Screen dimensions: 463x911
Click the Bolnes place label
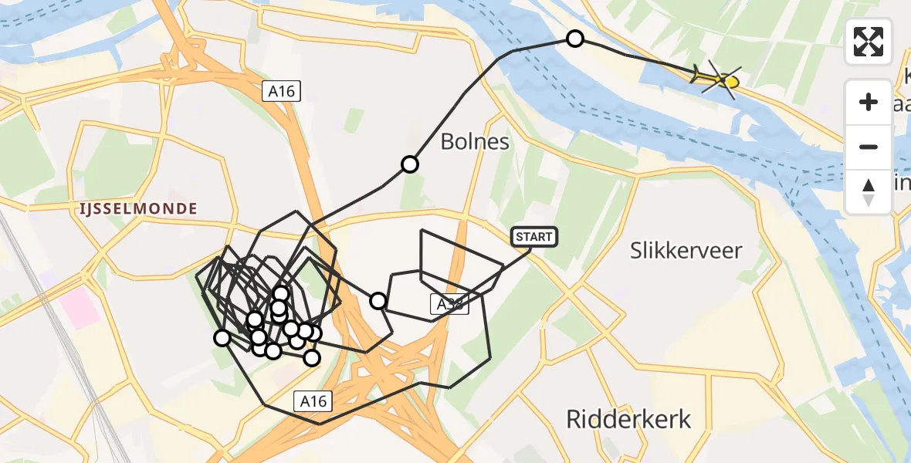tap(475, 142)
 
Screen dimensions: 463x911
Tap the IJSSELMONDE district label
tap(137, 208)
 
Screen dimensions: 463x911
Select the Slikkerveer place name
tap(686, 251)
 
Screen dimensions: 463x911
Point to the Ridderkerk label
tap(628, 419)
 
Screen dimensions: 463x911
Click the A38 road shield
tap(449, 304)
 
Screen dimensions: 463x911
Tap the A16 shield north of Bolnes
tap(281, 91)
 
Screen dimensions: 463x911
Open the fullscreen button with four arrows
tap(869, 42)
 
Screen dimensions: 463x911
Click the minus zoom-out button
tap(869, 147)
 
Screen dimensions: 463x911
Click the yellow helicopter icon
tap(718, 77)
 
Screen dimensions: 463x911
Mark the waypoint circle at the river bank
tap(575, 39)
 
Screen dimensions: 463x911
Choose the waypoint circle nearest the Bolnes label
tap(410, 164)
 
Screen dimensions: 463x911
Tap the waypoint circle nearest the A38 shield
tap(378, 300)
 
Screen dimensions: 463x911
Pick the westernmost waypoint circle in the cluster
tap(222, 337)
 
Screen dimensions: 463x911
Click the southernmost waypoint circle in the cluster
tap(312, 357)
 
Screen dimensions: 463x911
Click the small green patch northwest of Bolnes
tap(354, 120)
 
